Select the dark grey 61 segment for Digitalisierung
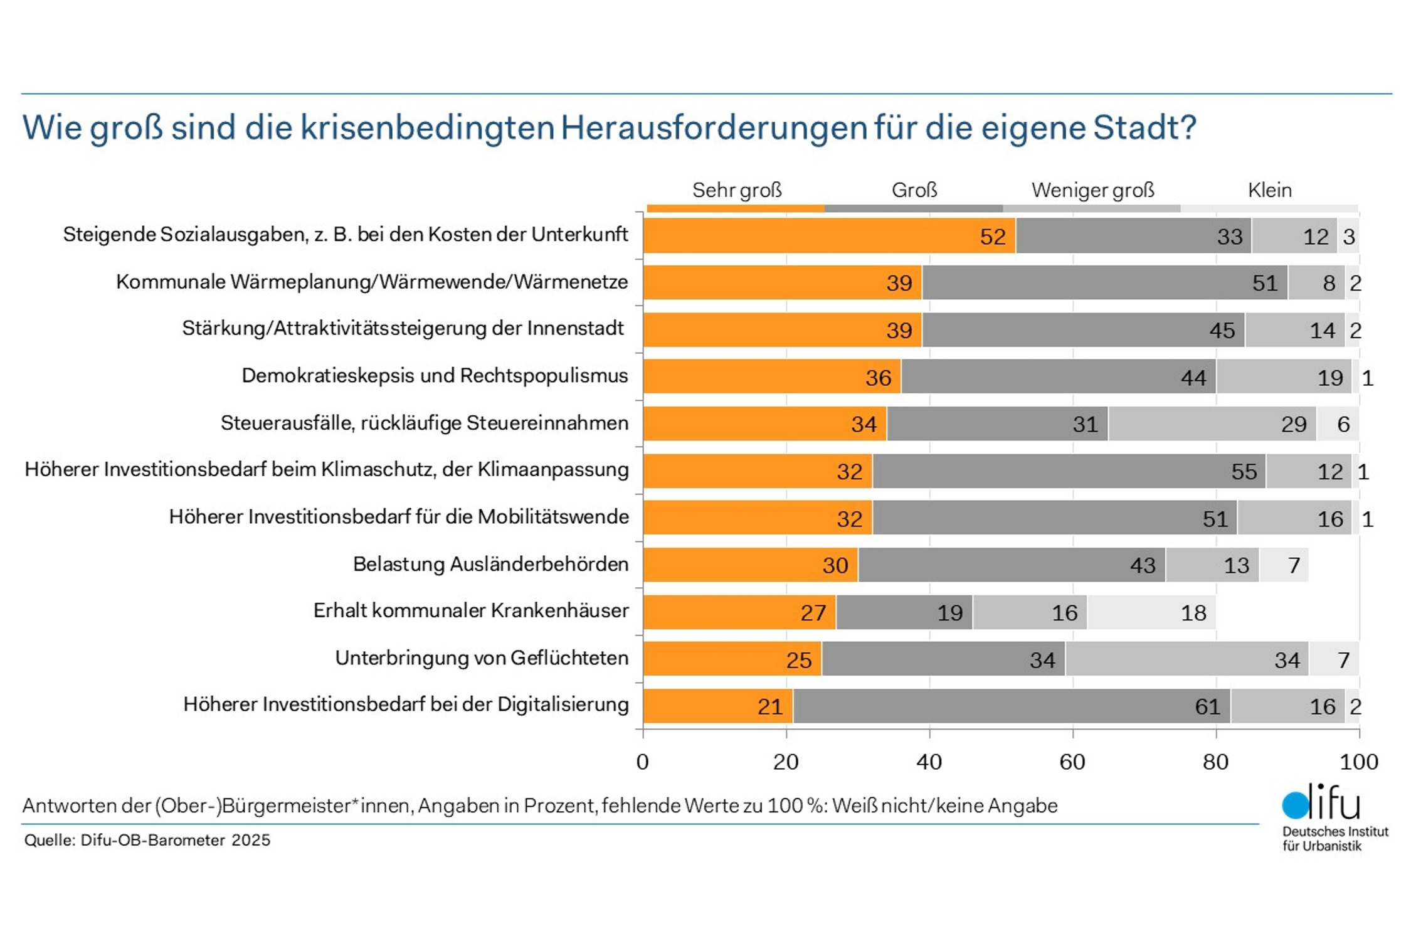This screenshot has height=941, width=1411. point(1011,706)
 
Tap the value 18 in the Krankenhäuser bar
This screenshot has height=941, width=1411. point(1193,613)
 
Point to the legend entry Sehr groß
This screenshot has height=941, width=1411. point(736,190)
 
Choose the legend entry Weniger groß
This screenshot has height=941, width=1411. point(1092,190)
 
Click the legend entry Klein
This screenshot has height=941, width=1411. point(1269,190)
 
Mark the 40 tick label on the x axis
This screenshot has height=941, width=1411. point(929,762)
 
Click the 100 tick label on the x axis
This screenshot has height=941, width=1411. point(1358,762)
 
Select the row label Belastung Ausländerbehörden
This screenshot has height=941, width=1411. point(490,564)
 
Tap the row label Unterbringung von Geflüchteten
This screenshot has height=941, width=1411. point(482,658)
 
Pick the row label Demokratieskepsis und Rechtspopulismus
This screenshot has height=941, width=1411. point(435,376)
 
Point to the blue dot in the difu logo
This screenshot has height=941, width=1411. point(1295,805)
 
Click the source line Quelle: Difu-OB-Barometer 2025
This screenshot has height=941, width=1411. point(147,841)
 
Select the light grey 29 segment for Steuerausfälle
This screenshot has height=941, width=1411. point(1212,424)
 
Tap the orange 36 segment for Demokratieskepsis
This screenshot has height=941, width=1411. point(771,377)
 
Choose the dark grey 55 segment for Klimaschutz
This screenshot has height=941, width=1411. point(1069,471)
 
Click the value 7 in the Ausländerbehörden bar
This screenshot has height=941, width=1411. point(1293,565)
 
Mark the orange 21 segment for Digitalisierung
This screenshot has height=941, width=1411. point(717,706)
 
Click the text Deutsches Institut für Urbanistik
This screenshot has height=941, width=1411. point(1334,839)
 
